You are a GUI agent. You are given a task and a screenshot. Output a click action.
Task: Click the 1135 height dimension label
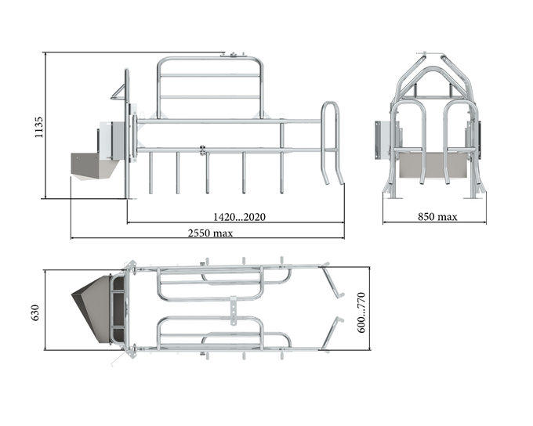coord(39,128)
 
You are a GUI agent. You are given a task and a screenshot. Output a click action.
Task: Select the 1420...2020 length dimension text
coord(239,217)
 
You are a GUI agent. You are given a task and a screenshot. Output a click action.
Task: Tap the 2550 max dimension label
coord(210,233)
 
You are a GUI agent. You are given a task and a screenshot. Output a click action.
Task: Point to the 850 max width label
coord(437,217)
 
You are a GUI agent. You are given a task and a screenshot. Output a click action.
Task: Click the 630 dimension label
coord(35,312)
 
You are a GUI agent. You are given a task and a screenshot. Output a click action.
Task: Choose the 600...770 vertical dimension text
coord(361,312)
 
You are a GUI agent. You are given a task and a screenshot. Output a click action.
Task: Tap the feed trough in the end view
coord(433,164)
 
